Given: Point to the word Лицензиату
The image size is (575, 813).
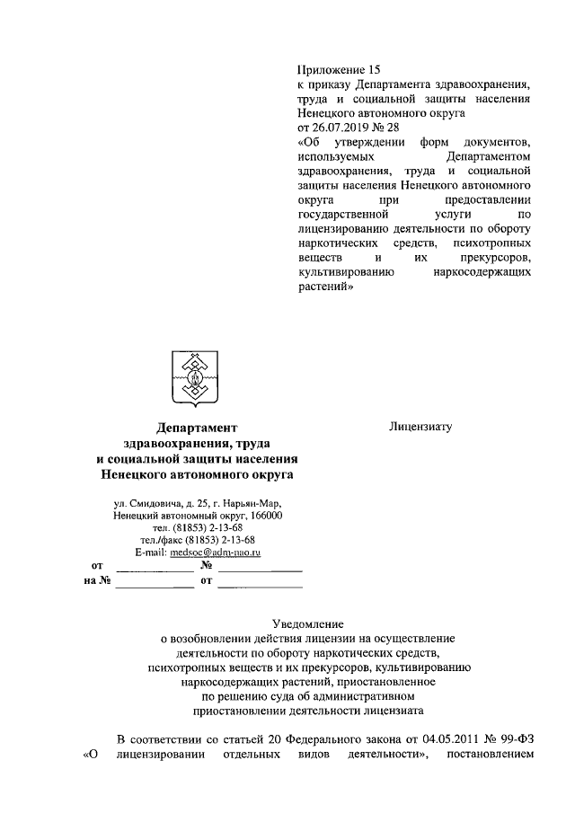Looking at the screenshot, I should pos(420,427).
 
